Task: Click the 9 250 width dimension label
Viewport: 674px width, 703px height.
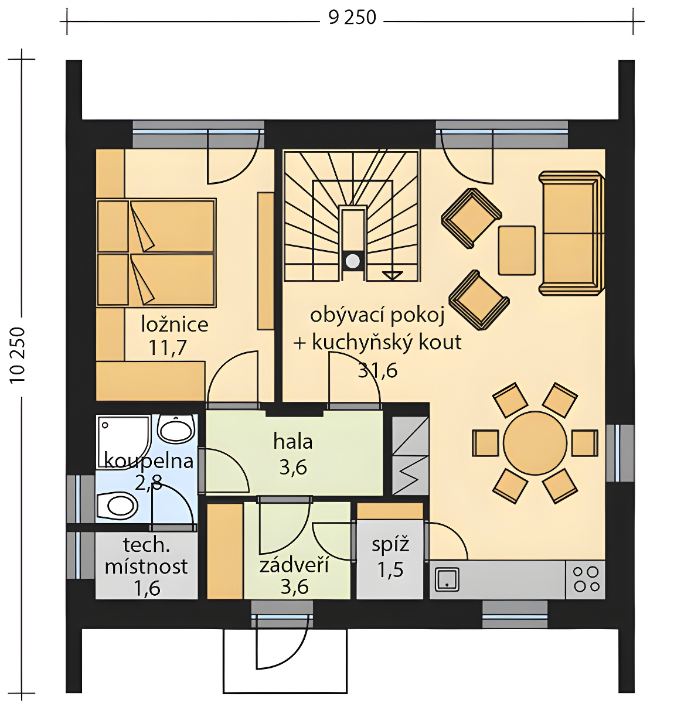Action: (x=352, y=18)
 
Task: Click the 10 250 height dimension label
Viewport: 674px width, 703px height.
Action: (x=18, y=355)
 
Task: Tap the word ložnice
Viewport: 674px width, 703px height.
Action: (x=175, y=324)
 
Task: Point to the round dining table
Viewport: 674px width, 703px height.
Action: (x=535, y=442)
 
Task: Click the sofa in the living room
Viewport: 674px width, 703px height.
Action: (x=571, y=233)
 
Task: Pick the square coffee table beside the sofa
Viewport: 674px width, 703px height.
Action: (x=517, y=250)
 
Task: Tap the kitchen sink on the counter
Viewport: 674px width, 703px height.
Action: (x=447, y=579)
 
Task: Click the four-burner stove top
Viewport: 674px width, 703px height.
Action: (x=586, y=579)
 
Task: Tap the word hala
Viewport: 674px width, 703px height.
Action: (x=292, y=442)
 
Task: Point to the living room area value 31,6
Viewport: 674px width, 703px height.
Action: (x=377, y=370)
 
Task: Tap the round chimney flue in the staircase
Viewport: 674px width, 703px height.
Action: (x=352, y=260)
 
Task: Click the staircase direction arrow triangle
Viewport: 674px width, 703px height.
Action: (x=392, y=276)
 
